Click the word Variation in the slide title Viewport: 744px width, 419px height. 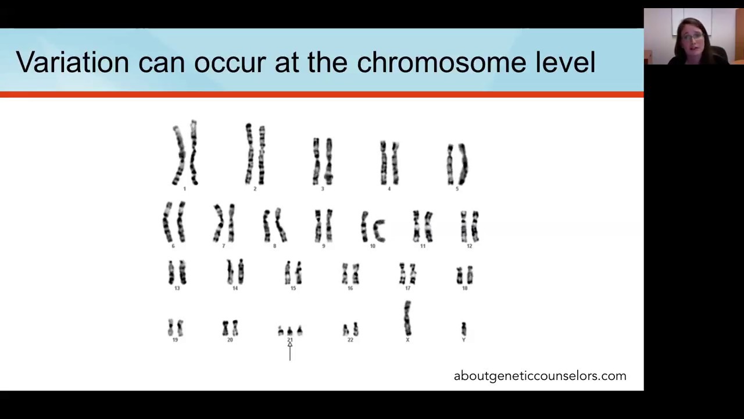tap(72, 62)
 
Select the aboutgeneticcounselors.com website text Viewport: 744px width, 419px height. tap(540, 376)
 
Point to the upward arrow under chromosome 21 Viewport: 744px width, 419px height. tap(290, 351)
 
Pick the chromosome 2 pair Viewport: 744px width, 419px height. tap(255, 154)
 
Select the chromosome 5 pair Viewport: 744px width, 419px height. tap(457, 164)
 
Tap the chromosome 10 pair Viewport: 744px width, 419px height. tap(373, 226)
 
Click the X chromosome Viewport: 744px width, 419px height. tap(407, 318)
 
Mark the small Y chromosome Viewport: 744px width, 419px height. tap(464, 329)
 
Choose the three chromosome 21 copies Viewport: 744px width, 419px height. tap(290, 331)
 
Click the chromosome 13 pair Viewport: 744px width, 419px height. tap(177, 272)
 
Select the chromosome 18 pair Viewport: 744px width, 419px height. tap(465, 275)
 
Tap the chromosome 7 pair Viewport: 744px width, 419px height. tap(224, 223)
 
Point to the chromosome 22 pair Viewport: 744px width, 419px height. tap(350, 330)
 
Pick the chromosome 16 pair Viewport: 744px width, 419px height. tap(350, 274)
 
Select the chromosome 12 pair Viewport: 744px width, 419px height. tap(470, 226)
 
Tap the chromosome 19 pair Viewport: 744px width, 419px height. tap(176, 328)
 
